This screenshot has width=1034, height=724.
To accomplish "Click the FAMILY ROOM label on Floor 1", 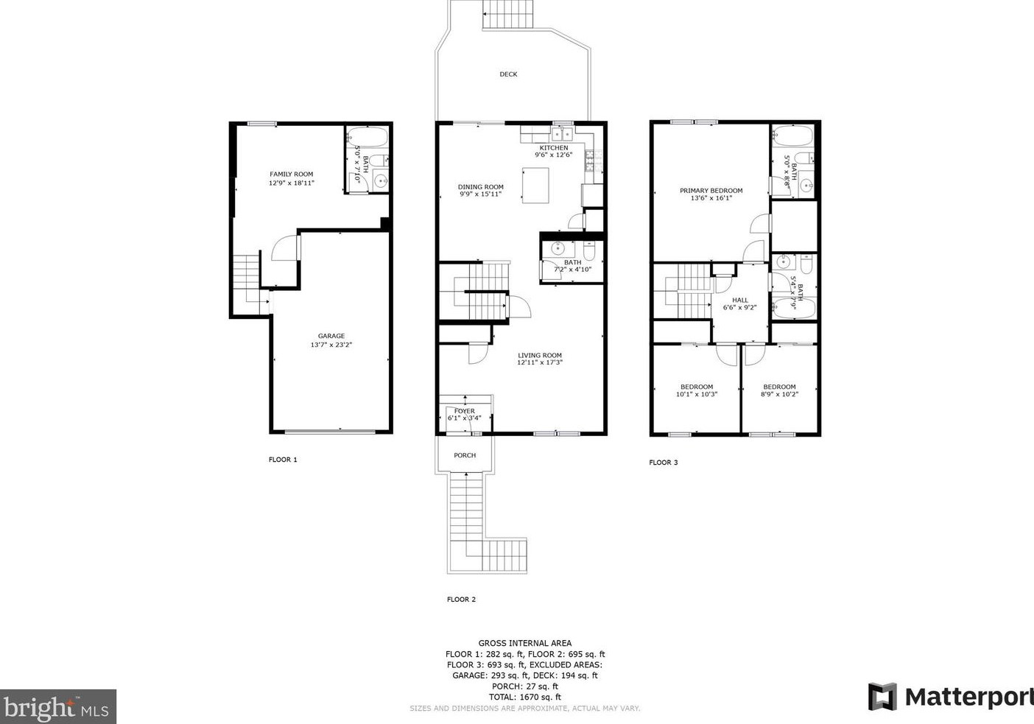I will [292, 175].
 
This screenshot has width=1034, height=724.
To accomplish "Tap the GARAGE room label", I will [331, 336].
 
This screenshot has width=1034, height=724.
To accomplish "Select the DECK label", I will [508, 74].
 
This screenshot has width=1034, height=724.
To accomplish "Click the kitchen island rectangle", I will [535, 185].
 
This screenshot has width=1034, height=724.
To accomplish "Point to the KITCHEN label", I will [554, 148].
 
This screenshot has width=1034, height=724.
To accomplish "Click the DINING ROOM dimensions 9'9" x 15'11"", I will [481, 194].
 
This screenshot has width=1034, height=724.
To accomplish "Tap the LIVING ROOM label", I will [540, 355].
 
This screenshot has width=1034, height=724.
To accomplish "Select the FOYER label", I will [465, 411].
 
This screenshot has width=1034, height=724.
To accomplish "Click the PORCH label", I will [465, 455].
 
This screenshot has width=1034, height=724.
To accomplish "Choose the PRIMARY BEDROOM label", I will [711, 191].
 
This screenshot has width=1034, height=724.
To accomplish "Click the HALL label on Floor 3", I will [740, 300].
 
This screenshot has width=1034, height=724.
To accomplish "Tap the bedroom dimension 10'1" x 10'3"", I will [697, 395].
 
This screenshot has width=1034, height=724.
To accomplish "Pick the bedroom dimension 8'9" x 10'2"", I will [779, 395].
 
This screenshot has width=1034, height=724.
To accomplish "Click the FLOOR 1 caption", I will [283, 460].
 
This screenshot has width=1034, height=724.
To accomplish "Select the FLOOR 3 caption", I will [663, 463].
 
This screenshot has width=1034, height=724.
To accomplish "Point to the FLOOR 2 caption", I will [461, 600].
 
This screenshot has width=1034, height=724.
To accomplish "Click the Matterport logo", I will [950, 697].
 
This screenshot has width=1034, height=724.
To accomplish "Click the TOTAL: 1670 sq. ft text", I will [524, 697].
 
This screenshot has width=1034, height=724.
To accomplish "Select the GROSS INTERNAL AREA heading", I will [524, 643].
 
